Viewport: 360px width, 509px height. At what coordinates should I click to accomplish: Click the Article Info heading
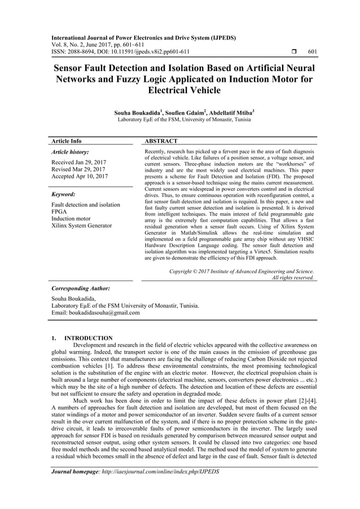[67, 141]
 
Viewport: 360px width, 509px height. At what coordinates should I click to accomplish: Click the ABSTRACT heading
[161, 141]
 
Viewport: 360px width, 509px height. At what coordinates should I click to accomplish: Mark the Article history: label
[70, 152]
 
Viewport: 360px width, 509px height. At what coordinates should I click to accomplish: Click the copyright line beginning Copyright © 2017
[242, 271]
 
